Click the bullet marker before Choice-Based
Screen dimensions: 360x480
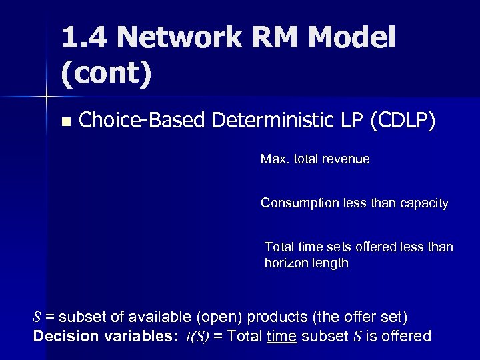pyautogui.click(x=65, y=122)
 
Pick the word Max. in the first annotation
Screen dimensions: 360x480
pyautogui.click(x=274, y=160)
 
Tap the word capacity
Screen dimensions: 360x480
pyautogui.click(x=423, y=203)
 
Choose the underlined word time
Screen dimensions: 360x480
pyautogui.click(x=280, y=336)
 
